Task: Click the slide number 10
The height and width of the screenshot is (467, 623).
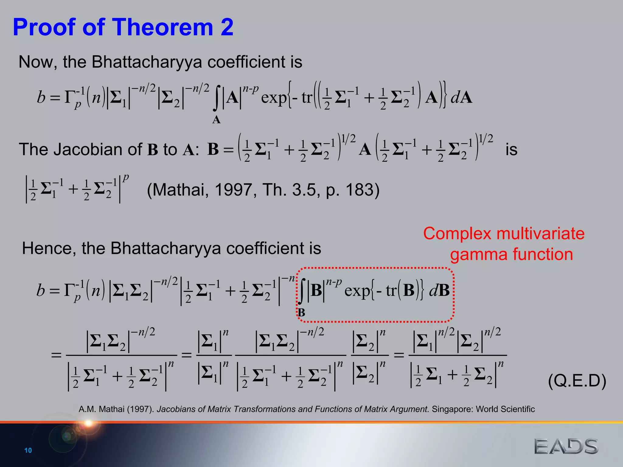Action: pyautogui.click(x=28, y=450)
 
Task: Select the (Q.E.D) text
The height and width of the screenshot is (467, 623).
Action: pyautogui.click(x=577, y=381)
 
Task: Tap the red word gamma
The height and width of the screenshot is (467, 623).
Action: pyautogui.click(x=479, y=254)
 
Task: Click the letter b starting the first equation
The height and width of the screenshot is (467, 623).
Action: pyautogui.click(x=41, y=97)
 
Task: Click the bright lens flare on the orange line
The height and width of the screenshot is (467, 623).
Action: pyautogui.click(x=88, y=423)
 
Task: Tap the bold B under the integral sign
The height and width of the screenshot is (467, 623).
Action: pyautogui.click(x=301, y=312)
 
